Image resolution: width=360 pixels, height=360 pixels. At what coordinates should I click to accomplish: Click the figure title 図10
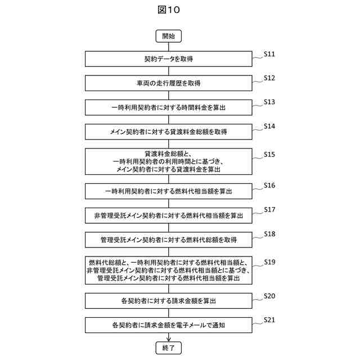pos(169,10)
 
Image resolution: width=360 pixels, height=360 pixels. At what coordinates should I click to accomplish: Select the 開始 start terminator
pos(169,36)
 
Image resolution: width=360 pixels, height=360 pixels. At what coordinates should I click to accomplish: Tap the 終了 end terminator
pos(169,348)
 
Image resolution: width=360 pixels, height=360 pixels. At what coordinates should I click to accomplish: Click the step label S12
pos(269,78)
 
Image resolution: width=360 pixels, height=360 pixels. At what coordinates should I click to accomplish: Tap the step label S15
pos(269,154)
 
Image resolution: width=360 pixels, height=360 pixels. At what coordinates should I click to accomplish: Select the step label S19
pos(269,262)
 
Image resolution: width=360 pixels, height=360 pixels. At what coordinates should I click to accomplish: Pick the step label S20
pos(269,296)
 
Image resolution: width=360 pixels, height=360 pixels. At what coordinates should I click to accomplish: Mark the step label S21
pos(269,320)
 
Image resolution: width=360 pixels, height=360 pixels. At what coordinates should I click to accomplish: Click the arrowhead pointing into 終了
pos(169,339)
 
